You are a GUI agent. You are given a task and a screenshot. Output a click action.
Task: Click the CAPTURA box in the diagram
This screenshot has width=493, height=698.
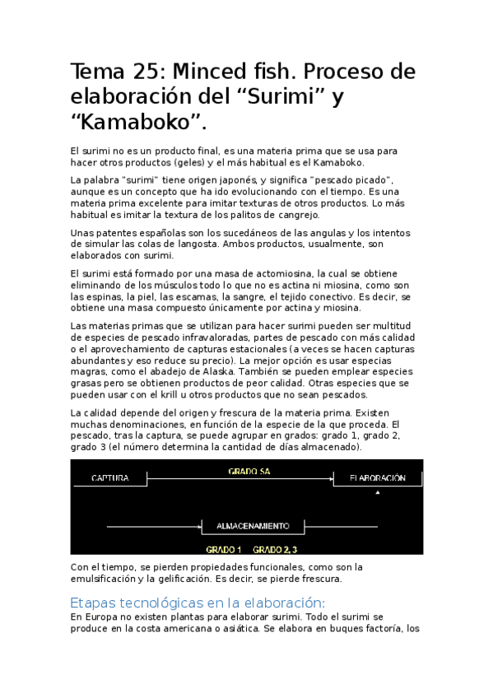click(109, 478)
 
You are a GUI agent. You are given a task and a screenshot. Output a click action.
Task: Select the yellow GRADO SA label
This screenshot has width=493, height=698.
click(249, 472)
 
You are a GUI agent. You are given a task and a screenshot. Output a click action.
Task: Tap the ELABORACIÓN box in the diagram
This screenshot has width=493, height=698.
click(377, 478)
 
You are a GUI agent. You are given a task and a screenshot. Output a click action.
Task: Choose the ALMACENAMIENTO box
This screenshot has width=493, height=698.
click(252, 525)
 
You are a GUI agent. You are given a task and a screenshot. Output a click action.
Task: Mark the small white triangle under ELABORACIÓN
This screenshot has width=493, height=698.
click(378, 492)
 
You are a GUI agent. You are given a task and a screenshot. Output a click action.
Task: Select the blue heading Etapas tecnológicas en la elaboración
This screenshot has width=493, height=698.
click(198, 602)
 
